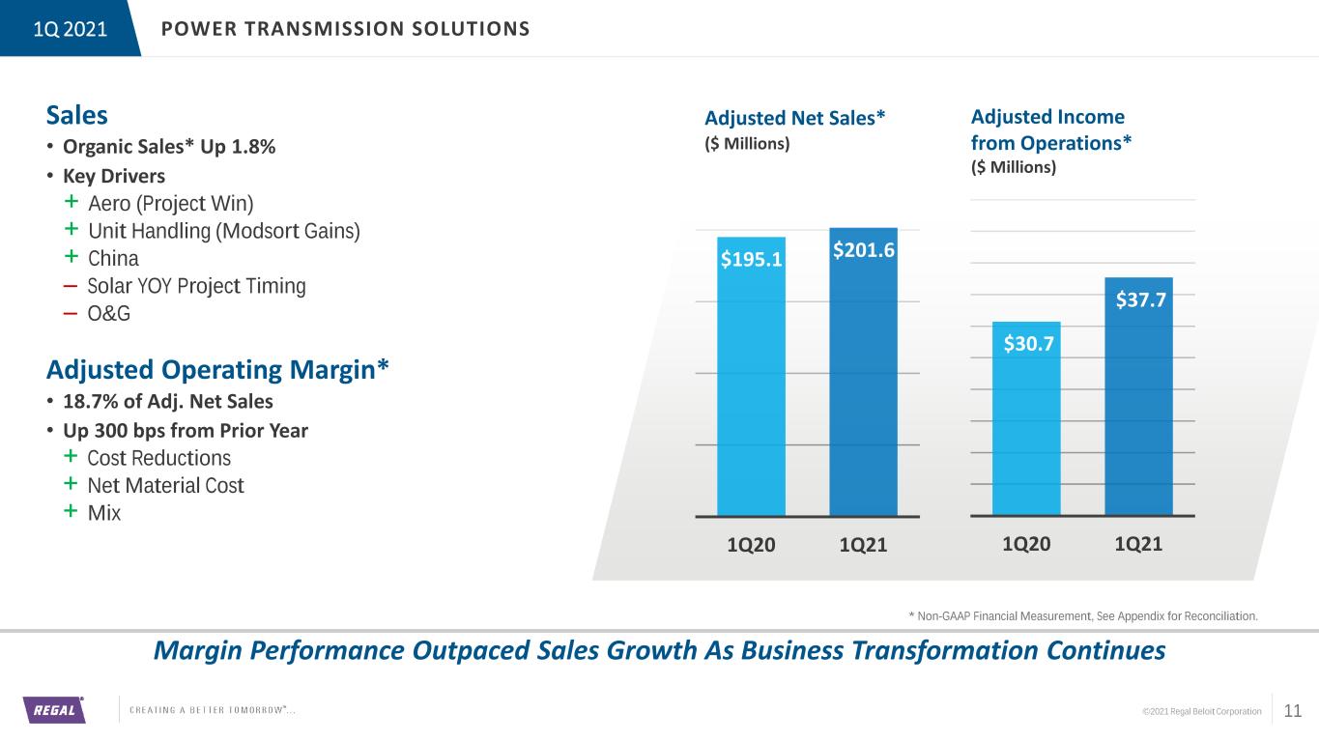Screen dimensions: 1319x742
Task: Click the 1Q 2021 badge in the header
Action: (x=71, y=29)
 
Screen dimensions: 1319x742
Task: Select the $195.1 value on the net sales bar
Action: (x=752, y=259)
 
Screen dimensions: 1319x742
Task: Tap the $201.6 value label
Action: (x=864, y=250)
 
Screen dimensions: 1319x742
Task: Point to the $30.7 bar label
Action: (x=1029, y=343)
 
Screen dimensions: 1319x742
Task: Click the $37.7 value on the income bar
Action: (x=1140, y=300)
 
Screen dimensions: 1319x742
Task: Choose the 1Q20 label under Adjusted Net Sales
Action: (x=751, y=545)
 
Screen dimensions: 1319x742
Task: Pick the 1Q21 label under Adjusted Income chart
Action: (x=1138, y=544)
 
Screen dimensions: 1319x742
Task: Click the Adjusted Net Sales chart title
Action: (x=795, y=118)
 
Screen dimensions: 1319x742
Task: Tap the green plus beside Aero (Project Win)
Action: (x=72, y=201)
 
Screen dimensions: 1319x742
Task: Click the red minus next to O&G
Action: (x=71, y=314)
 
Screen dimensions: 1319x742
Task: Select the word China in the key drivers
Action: (x=113, y=259)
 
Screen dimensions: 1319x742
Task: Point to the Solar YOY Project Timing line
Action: (x=197, y=286)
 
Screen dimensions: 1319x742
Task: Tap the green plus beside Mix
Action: (x=71, y=510)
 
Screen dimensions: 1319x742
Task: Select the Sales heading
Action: (x=77, y=115)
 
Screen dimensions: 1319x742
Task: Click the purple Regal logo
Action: (x=54, y=709)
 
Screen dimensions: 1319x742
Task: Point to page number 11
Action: (x=1293, y=711)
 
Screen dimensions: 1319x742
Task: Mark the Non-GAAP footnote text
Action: (x=1083, y=616)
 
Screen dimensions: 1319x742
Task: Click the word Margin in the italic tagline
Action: (x=198, y=651)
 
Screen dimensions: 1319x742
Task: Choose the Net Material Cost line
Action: (x=165, y=486)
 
